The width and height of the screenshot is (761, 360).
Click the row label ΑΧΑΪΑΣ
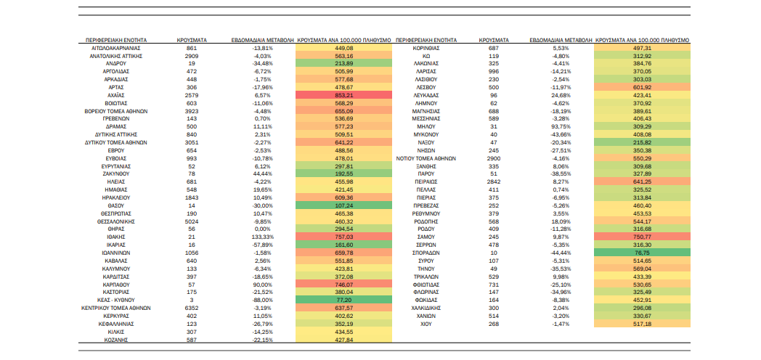[x=115, y=96]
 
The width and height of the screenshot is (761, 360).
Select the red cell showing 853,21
[x=344, y=96]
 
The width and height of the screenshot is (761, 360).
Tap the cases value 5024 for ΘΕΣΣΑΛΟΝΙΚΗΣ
[x=192, y=221]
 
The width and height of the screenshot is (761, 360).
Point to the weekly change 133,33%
[x=264, y=237]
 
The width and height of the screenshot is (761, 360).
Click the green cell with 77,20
[x=344, y=300]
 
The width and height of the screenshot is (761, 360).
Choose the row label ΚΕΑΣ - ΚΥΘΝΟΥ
[x=115, y=300]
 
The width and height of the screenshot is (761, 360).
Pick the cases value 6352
[x=192, y=308]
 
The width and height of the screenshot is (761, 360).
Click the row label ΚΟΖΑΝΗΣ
[x=115, y=340]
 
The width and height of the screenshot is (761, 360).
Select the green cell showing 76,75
[x=642, y=253]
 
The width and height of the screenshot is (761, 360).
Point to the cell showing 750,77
[x=642, y=237]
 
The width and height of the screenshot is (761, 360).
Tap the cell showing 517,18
[x=642, y=324]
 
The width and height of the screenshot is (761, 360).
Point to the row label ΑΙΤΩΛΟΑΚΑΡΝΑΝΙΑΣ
[x=115, y=48]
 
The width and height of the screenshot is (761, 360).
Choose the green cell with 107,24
[x=344, y=205]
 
